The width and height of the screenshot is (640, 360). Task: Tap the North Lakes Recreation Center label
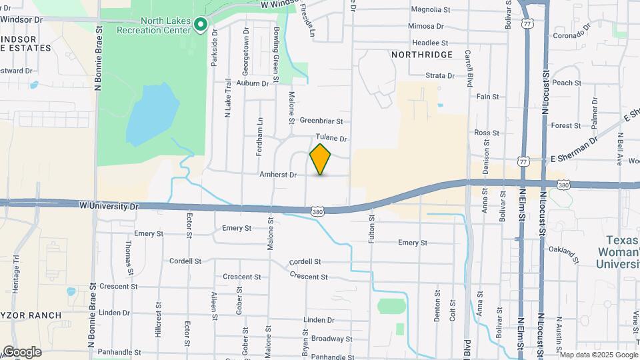(153, 25)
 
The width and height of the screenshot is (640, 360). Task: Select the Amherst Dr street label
(278, 175)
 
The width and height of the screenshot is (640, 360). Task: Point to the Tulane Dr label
(331, 139)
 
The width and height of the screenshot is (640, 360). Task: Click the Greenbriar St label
(321, 121)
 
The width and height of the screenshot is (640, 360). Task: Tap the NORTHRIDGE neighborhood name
(422, 54)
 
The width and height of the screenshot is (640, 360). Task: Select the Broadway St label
(331, 339)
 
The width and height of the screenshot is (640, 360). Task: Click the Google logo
(22, 351)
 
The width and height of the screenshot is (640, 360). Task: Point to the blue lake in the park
(152, 113)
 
